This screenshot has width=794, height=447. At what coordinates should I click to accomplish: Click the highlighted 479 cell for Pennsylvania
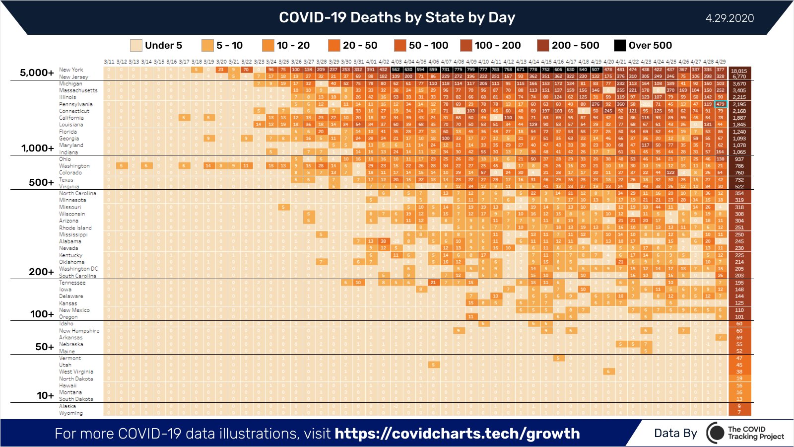(721, 104)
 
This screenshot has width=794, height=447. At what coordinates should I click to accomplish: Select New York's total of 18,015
(739, 71)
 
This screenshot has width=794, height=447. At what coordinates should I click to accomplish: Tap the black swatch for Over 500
(620, 45)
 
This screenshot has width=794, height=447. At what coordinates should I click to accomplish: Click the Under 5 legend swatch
(136, 45)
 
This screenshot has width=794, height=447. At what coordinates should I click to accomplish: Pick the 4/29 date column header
(721, 62)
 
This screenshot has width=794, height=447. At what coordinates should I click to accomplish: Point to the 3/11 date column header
(109, 62)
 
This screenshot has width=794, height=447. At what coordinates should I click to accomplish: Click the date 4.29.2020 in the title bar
(729, 18)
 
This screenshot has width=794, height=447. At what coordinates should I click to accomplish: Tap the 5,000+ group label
(37, 73)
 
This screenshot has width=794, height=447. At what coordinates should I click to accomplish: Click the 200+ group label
(41, 272)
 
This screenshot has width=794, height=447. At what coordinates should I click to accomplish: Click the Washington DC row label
(78, 269)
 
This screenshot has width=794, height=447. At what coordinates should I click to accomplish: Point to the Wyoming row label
(71, 413)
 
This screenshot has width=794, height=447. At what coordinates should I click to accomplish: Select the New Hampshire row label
(79, 331)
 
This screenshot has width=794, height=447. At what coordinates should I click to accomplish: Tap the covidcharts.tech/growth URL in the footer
(457, 434)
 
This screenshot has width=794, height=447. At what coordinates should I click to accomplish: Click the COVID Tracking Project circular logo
(716, 433)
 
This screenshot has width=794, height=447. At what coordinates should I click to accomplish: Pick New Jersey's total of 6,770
(739, 77)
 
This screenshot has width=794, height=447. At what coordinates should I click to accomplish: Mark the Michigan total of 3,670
(739, 84)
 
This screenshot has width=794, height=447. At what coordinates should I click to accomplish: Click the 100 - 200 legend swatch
(466, 45)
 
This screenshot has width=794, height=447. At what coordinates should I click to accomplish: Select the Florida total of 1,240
(739, 132)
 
